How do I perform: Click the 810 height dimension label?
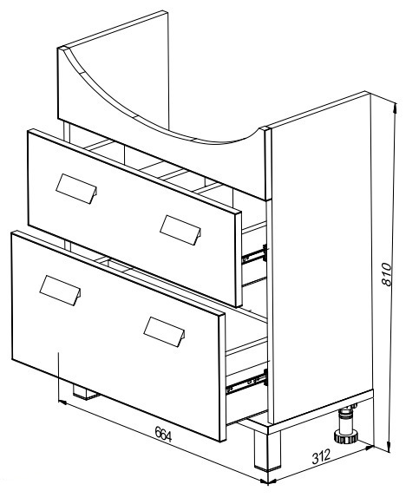pos(387,274)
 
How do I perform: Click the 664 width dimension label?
pos(163,434)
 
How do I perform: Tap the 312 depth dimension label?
pos(321,457)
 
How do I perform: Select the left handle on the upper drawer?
pos(76,189)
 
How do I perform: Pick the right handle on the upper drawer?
pos(180,230)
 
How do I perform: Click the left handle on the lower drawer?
pos(60,291)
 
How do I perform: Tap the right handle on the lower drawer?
pos(164,332)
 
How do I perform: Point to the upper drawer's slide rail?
pos(254,254)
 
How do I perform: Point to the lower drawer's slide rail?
pos(246,382)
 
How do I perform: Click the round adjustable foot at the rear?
pos(346,424)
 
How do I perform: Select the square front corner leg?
pos(267,449)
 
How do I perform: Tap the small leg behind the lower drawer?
pos(85,392)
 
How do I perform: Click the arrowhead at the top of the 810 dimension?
pos(396,108)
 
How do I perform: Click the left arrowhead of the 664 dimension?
pos(62,403)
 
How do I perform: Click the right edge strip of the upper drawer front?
pos(239,259)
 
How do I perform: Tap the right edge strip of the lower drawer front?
pos(222,376)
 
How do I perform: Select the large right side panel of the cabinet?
pos(320,257)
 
